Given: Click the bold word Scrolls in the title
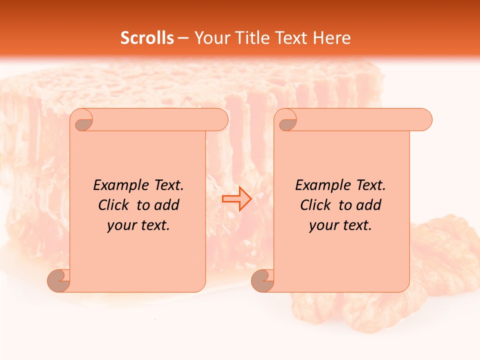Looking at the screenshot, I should pos(147,38).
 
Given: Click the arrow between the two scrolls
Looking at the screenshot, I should pos(236,198).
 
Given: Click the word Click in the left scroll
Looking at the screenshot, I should pos(113,205).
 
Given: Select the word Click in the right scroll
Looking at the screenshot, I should pos(315,205).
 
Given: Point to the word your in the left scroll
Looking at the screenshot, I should pos(122,225).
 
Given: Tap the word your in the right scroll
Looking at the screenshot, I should pos(324,225).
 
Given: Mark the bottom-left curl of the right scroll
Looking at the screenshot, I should pos(263,281).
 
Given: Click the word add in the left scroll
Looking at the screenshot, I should pos(167,205).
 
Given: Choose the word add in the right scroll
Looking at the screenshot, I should pos(369,205).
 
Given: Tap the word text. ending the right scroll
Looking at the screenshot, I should pos(356,225).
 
